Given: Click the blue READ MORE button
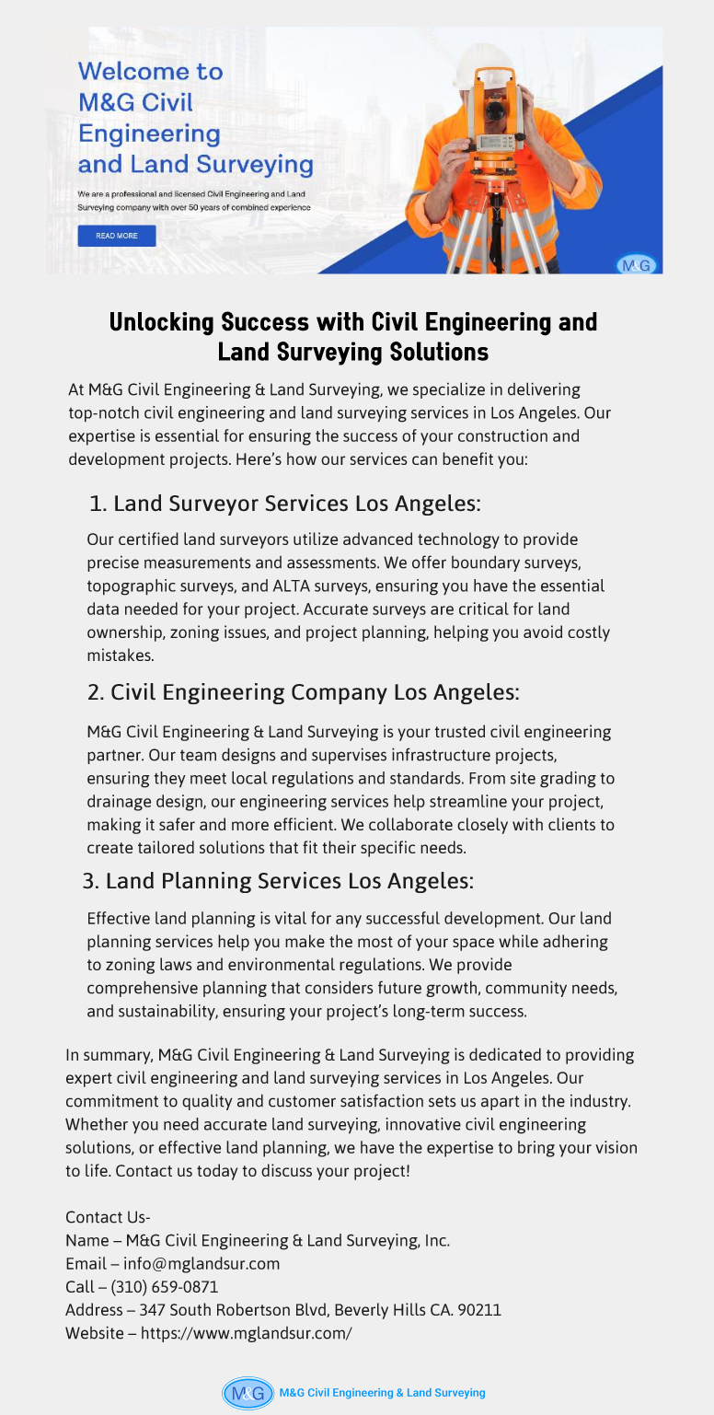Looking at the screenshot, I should (x=117, y=236).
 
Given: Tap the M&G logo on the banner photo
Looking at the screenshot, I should (x=636, y=265).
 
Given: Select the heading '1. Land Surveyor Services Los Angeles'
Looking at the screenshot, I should (x=285, y=504).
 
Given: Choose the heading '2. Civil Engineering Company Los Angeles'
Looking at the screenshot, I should (x=304, y=692).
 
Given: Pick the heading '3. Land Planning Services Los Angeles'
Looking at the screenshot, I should (x=278, y=881).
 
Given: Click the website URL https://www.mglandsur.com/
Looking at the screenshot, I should (x=246, y=1333).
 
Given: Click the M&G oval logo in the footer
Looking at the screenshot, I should (x=248, y=1393).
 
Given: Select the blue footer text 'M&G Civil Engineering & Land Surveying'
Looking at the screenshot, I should (x=382, y=1393).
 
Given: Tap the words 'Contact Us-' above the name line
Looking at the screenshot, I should (x=108, y=1218).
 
